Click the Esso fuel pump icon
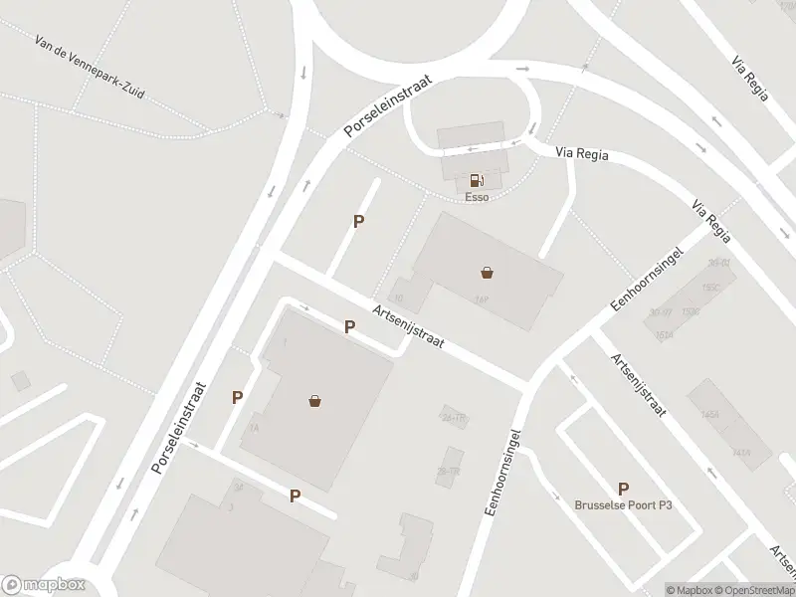(477, 180)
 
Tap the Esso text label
(477, 197)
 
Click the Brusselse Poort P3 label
(624, 504)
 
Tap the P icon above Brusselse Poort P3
(624, 489)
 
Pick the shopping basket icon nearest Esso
(488, 271)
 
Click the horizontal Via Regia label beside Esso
(582, 155)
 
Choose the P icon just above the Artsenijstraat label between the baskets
(349, 326)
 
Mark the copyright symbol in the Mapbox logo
(12, 585)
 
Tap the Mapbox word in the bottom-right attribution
(688, 590)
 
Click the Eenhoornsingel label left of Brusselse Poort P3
(502, 472)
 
